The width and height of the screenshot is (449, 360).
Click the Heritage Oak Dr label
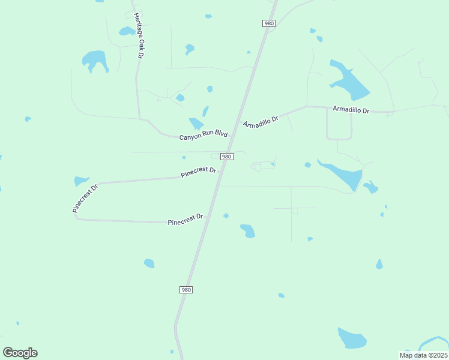(139, 35)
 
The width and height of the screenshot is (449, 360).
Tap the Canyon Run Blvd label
(203, 136)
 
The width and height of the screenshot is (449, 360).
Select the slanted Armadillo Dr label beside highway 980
(261, 120)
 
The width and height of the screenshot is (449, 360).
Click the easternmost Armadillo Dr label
(351, 110)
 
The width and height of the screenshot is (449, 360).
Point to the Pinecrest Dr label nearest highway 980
(198, 172)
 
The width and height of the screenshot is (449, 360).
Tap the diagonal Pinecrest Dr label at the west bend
(84, 199)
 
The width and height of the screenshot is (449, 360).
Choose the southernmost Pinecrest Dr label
(185, 219)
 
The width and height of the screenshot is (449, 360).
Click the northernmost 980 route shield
(269, 23)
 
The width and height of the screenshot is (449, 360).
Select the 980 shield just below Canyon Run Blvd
(226, 157)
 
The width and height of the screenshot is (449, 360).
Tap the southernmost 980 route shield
(186, 290)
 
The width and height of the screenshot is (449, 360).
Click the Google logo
(20, 353)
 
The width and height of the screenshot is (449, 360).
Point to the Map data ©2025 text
(423, 355)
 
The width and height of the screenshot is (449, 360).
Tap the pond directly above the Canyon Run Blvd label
(196, 124)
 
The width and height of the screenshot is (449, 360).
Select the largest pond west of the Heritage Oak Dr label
(95, 59)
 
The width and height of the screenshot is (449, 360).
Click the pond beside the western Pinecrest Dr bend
(80, 181)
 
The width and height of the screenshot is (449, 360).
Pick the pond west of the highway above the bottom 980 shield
(149, 263)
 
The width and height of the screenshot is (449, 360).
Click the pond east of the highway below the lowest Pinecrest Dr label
(248, 230)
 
